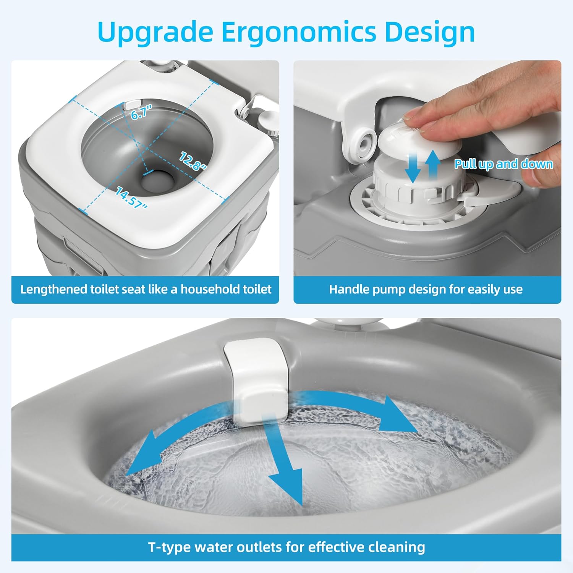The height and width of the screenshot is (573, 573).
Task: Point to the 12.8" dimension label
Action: (x=193, y=160)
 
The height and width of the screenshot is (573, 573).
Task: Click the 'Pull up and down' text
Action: (x=503, y=164)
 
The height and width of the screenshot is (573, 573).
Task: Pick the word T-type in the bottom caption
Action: (x=169, y=547)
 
